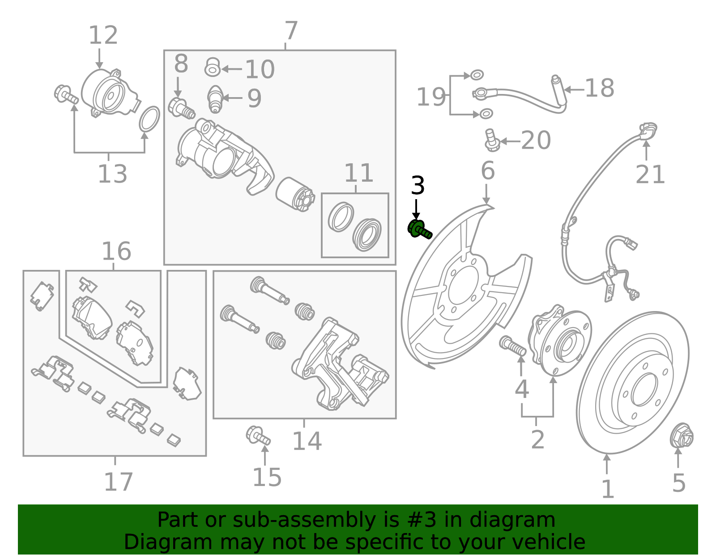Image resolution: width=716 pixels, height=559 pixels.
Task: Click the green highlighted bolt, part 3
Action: tap(419, 230)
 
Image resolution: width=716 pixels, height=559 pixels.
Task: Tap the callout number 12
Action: tap(103, 35)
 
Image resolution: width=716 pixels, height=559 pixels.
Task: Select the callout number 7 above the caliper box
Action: tap(291, 31)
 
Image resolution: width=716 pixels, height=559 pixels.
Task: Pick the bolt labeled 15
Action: tap(258, 435)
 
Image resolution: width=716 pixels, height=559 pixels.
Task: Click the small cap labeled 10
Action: tap(213, 68)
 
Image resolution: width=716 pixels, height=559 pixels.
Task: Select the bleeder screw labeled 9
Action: tap(215, 99)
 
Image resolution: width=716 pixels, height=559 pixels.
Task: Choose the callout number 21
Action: tap(650, 174)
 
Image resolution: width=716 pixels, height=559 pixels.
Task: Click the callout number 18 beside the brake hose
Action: tap(599, 88)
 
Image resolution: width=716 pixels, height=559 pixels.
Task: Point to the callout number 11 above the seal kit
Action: tap(358, 173)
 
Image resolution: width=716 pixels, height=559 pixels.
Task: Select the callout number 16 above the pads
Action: tap(116, 251)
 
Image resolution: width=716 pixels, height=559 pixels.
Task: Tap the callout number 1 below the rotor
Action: tap(607, 489)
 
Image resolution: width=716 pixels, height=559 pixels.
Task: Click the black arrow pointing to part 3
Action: tap(416, 209)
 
